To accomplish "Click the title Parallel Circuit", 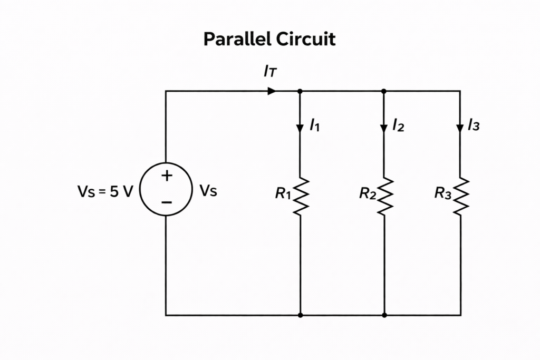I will tap(269, 40).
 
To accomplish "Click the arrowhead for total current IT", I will tap(272, 91).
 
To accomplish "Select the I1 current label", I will tap(315, 125).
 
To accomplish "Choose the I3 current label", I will tap(474, 125).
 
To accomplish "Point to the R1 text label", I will tap(283, 193).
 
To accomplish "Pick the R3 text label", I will tap(442, 193).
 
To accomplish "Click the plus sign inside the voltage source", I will tap(166, 177).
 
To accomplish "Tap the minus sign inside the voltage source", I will tap(166, 202).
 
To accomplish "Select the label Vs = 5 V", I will tap(105, 191).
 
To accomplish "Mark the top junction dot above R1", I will tap(300, 91).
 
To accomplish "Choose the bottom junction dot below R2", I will tap(384, 315).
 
